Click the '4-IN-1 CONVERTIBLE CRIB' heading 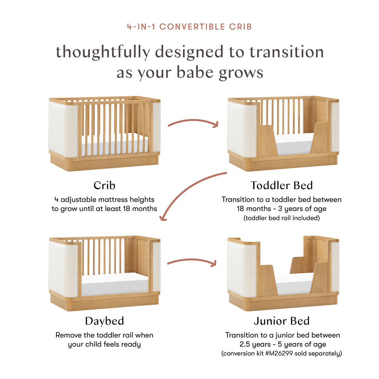189,27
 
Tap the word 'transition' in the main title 286,52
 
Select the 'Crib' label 104,185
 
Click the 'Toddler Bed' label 281,185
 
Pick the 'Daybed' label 104,321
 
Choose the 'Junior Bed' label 281,321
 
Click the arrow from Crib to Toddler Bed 193,122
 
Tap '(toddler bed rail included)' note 281,218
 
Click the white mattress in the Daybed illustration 114,284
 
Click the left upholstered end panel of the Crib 63,129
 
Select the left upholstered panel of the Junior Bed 242,268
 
